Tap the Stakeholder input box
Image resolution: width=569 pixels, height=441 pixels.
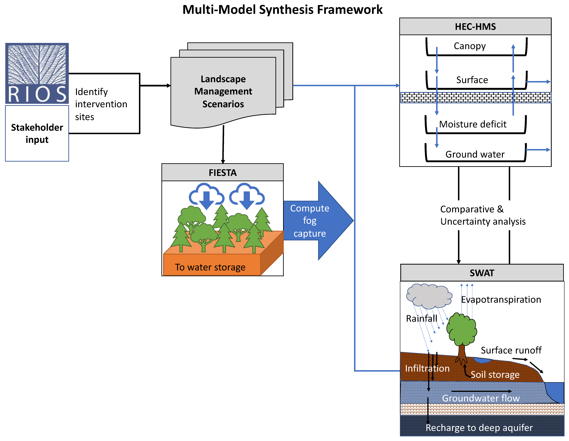(x=37, y=133)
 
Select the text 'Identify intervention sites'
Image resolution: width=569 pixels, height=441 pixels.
(x=101, y=104)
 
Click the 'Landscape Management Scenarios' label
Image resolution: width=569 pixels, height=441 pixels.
(x=223, y=91)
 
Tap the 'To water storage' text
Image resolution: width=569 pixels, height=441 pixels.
(x=210, y=267)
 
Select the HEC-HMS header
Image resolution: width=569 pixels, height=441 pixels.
(x=475, y=27)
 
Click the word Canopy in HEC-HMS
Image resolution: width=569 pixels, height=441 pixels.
(x=469, y=46)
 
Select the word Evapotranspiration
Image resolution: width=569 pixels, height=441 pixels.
(x=501, y=300)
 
